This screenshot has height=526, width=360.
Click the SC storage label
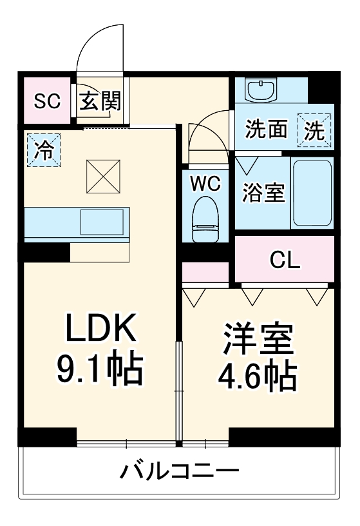[47, 101]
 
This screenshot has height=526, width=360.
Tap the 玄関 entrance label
[99, 101]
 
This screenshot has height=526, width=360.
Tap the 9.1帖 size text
[100, 371]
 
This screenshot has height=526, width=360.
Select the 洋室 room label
[260, 339]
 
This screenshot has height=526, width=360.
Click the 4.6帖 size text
[260, 376]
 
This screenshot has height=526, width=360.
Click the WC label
[205, 184]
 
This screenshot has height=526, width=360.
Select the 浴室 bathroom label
[264, 193]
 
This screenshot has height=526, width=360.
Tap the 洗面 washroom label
[265, 131]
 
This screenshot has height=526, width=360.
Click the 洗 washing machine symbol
[314, 130]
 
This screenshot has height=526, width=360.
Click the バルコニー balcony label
[180, 471]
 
